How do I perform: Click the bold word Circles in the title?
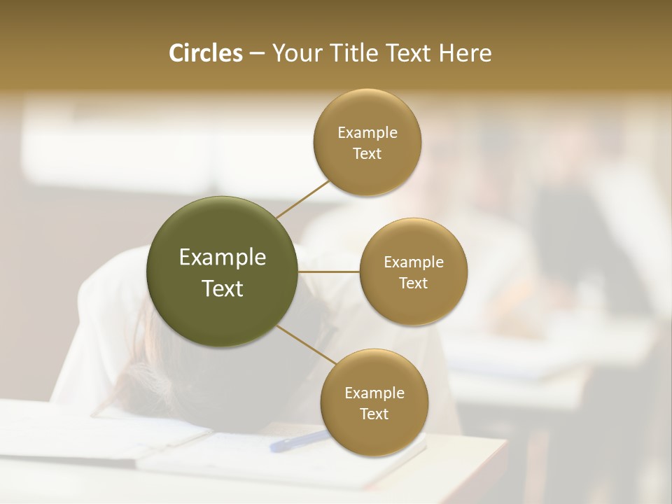pyautogui.click(x=205, y=53)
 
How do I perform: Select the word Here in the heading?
pyautogui.click(x=465, y=53)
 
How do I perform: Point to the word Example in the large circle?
pyautogui.click(x=222, y=257)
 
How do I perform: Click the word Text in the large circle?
pyautogui.click(x=222, y=288)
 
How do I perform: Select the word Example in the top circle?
pyautogui.click(x=367, y=132)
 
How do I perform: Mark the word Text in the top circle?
pyautogui.click(x=367, y=153)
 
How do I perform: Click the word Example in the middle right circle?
pyautogui.click(x=414, y=262)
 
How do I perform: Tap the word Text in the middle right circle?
pyautogui.click(x=414, y=283)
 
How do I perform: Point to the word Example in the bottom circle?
pyautogui.click(x=374, y=393)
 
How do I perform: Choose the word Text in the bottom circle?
pyautogui.click(x=374, y=414)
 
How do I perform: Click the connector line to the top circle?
pyautogui.click(x=302, y=199)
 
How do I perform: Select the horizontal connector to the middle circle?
pyautogui.click(x=329, y=272)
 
